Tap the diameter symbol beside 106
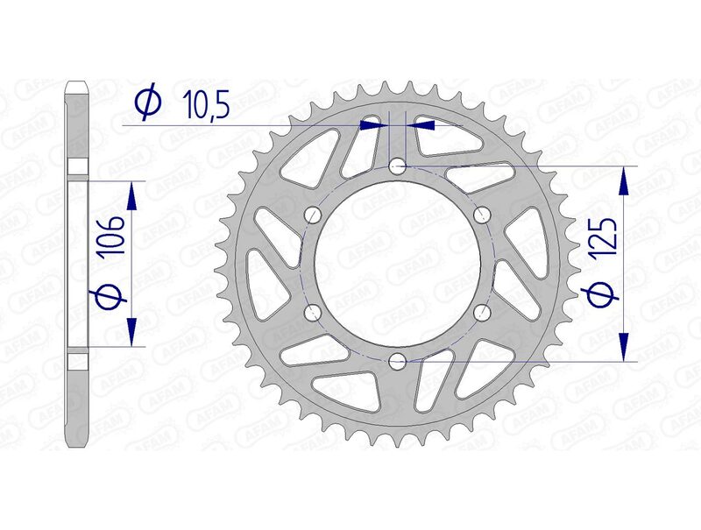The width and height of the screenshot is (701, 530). pyautogui.click(x=109, y=299)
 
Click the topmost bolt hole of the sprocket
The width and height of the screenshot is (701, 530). pyautogui.click(x=398, y=166)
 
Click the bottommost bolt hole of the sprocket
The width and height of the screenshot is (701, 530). pyautogui.click(x=398, y=360)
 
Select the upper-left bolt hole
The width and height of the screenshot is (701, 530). pyautogui.click(x=314, y=214)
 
